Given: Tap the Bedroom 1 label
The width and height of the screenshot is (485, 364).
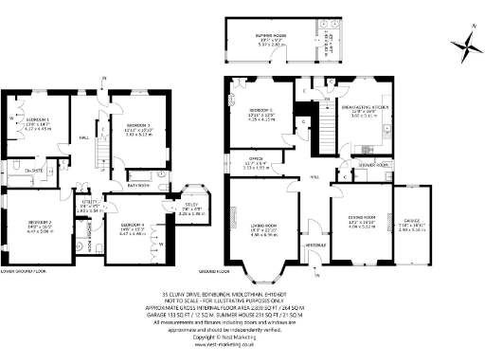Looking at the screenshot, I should tap(38, 119).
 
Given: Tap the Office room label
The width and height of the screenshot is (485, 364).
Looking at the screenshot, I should tap(255, 160).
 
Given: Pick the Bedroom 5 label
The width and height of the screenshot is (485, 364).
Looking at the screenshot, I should tap(260, 114).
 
